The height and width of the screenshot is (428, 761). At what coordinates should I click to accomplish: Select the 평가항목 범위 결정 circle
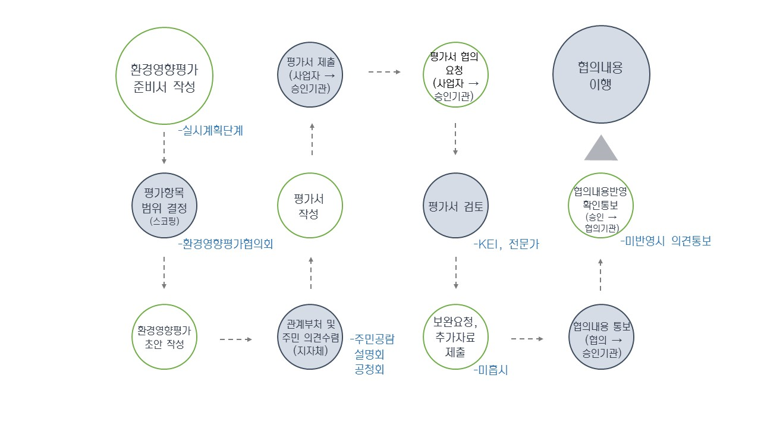point(163,205)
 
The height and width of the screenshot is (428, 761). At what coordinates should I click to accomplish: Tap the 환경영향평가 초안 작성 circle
point(163,338)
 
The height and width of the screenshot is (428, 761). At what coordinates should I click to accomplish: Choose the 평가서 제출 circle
point(310,74)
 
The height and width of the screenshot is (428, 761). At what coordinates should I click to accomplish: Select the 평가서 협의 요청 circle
point(455,75)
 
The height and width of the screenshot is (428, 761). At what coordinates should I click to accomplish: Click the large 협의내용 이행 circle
point(601,74)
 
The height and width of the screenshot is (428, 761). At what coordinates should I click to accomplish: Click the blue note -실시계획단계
point(210,131)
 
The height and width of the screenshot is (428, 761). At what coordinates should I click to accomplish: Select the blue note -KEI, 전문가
point(506,244)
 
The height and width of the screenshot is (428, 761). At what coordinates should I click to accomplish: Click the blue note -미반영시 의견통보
point(665,241)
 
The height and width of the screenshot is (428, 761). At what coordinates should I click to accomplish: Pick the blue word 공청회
point(369,369)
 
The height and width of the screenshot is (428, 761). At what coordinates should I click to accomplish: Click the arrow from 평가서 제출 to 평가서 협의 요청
point(384,72)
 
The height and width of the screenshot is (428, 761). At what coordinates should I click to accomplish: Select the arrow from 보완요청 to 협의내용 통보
point(527,339)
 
